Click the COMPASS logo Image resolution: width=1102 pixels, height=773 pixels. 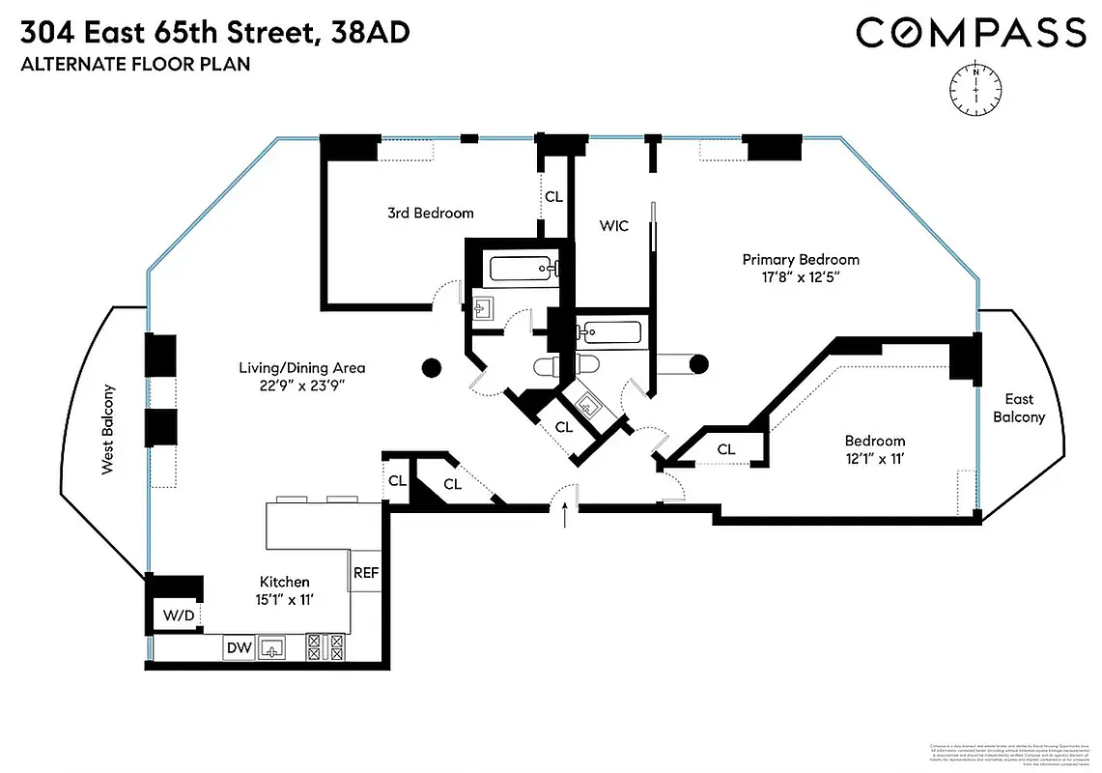click(x=971, y=33)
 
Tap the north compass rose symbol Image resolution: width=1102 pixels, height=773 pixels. click(x=976, y=84)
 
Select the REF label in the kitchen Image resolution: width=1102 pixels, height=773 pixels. click(x=366, y=572)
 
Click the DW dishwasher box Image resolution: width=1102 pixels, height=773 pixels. click(x=239, y=648)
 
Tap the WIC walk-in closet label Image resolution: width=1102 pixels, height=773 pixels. click(x=613, y=226)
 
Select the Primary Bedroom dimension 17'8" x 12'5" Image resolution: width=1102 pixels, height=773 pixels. click(x=800, y=277)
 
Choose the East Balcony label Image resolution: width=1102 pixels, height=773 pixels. click(x=1019, y=408)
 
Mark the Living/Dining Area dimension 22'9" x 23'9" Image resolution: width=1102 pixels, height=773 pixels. click(x=301, y=386)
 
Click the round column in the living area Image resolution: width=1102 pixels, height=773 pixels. click(x=431, y=367)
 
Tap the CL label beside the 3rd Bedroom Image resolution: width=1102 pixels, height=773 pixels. click(x=553, y=196)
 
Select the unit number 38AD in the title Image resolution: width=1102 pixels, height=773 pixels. click(x=370, y=33)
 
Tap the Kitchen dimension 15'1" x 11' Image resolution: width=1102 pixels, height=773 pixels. click(x=284, y=599)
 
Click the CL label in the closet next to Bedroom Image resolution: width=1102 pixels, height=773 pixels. click(x=726, y=449)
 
